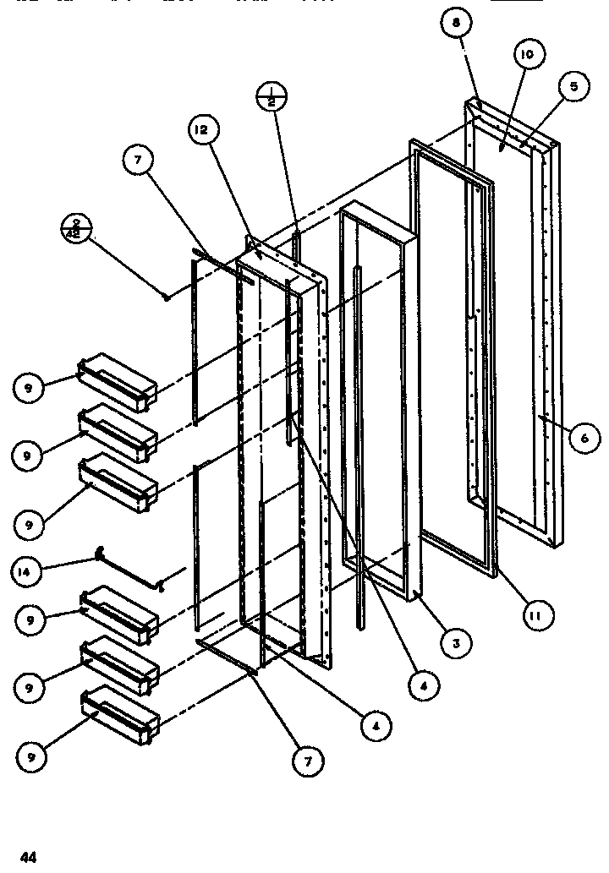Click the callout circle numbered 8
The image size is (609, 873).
tap(456, 26)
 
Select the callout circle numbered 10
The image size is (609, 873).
tap(528, 57)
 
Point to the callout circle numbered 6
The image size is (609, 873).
tap(584, 438)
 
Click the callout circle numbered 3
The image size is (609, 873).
tap(456, 643)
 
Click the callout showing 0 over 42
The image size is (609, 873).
tap(76, 229)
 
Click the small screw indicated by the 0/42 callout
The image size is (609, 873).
tap(167, 296)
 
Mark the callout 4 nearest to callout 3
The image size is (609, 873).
tap(422, 687)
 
